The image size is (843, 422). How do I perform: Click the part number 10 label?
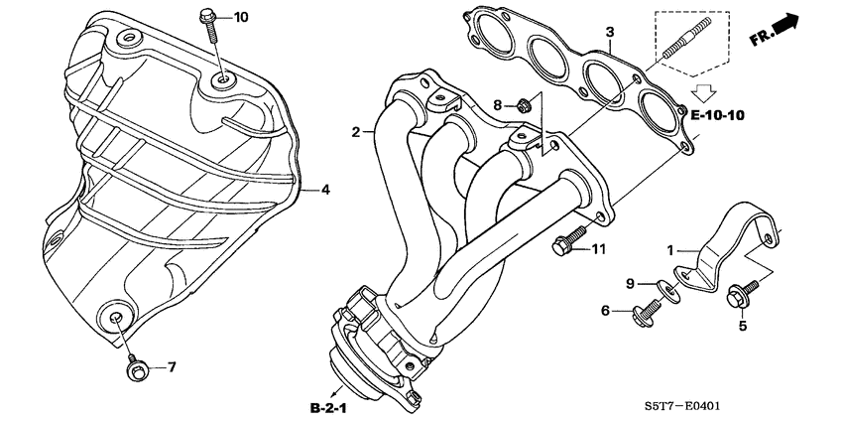[242, 17]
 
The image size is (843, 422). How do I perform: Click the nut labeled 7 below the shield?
[132, 370]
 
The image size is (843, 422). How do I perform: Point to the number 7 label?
[170, 367]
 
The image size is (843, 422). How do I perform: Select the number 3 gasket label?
[611, 33]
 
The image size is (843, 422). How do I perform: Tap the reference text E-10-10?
[717, 116]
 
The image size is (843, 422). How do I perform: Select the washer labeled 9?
[671, 291]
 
